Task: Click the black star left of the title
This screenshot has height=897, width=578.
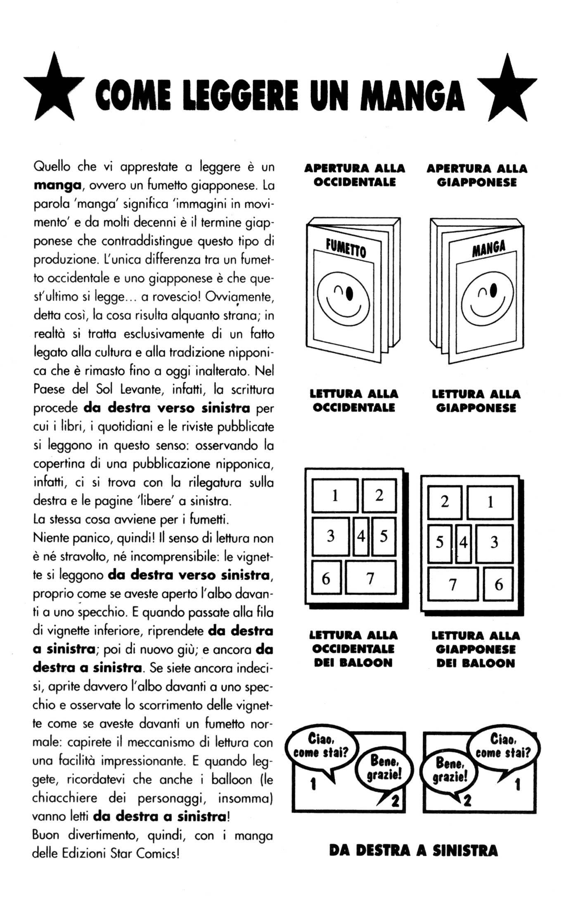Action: (x=54, y=88)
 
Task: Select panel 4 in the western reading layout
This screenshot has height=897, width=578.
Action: (x=361, y=536)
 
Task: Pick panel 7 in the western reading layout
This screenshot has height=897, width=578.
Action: (x=370, y=578)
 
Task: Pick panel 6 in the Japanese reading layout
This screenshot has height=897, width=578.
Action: (x=498, y=584)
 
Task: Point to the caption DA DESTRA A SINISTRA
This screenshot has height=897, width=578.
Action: (x=414, y=850)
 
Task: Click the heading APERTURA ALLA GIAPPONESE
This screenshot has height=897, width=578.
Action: (x=477, y=175)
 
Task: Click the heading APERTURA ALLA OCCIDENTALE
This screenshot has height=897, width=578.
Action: (x=355, y=175)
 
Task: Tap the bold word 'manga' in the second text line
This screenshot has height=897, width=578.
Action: (x=57, y=185)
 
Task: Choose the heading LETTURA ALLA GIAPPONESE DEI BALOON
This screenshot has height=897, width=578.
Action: (x=476, y=649)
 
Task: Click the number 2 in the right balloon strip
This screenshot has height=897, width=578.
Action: (x=467, y=801)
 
